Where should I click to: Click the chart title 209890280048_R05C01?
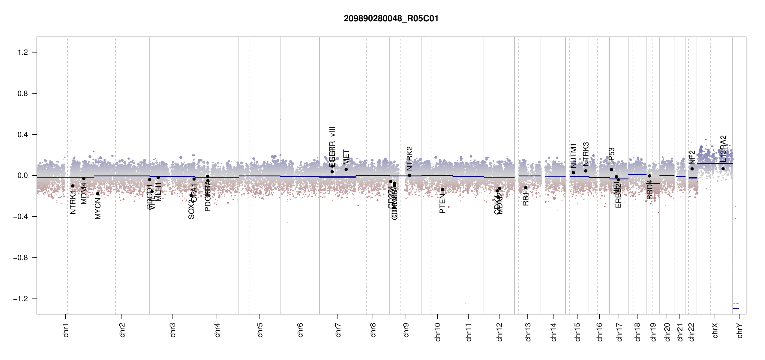(391, 19)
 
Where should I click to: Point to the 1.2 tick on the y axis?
(23, 52)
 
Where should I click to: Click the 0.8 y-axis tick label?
(23, 94)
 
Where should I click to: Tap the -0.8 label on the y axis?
(21, 258)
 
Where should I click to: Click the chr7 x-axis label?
(338, 330)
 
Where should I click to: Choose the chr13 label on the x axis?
(528, 332)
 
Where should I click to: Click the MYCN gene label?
(98, 208)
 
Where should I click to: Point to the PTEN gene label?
(442, 203)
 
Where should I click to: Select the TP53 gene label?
(611, 156)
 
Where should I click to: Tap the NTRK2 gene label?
(409, 159)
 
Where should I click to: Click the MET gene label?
(346, 157)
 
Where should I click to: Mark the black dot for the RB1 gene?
(526, 188)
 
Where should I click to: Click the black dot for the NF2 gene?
(692, 169)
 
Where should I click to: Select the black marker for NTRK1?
(73, 186)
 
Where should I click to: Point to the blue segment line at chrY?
(736, 308)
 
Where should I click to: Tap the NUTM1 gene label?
(573, 156)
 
